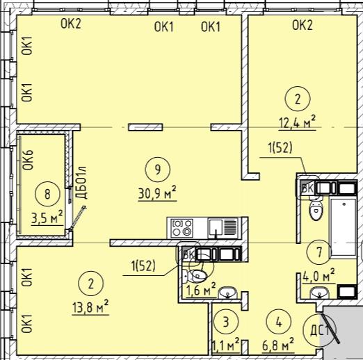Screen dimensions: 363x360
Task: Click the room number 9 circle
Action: [157, 170]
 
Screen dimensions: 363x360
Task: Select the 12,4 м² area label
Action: [298, 122]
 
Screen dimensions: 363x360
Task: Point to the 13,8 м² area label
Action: [90, 306]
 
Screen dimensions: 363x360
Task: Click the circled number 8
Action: [47, 194]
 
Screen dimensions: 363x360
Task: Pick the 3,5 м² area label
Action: [47, 217]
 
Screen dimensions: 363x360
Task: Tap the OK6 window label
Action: [28, 160]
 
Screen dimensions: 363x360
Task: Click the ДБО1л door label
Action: [81, 183]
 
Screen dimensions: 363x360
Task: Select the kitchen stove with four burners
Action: [182, 228]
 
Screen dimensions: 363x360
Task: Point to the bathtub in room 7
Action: [343, 227]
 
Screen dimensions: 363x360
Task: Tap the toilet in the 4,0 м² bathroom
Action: [316, 209]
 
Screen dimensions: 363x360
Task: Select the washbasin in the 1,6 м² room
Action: [228, 293]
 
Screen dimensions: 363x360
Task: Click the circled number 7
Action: [319, 252]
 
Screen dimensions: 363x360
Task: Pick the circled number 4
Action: [279, 322]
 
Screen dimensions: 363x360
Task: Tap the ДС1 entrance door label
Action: [319, 330]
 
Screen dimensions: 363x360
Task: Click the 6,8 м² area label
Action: [278, 345]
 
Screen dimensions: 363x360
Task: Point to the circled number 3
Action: [226, 321]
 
